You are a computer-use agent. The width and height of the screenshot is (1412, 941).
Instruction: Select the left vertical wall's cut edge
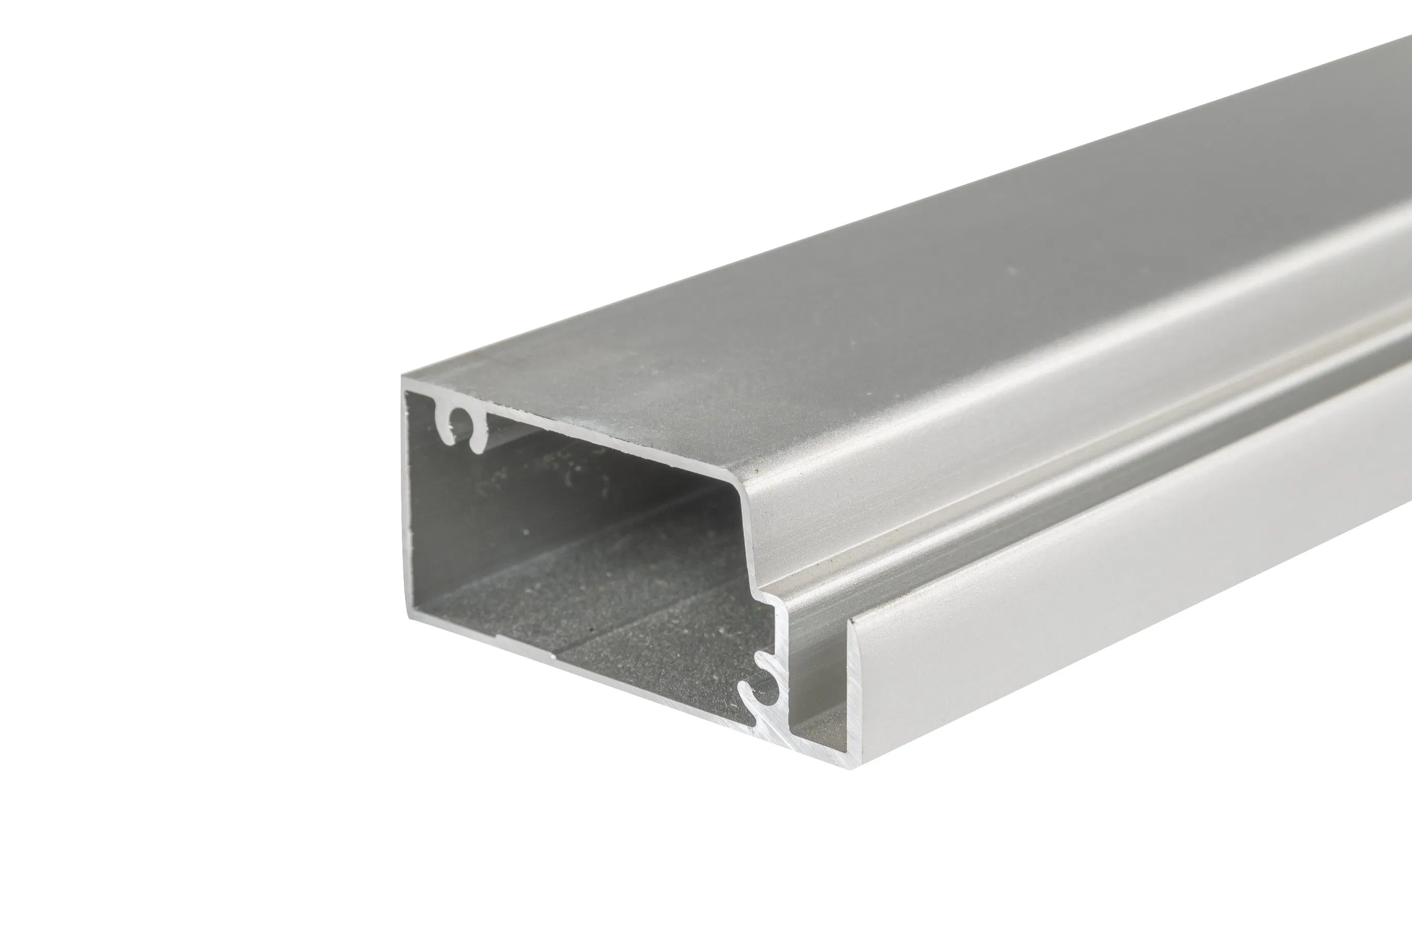point(405,498)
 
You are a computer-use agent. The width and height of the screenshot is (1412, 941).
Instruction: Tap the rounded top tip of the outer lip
point(853,624)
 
